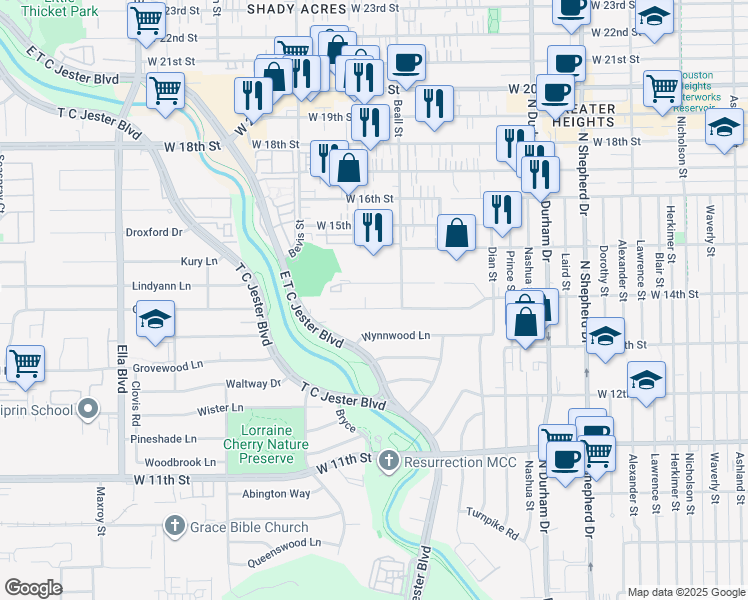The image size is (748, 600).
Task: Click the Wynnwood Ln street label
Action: (396, 336)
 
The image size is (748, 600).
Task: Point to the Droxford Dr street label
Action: (154, 232)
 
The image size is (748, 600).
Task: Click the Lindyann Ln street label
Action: (161, 286)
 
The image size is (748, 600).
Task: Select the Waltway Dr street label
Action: (254, 383)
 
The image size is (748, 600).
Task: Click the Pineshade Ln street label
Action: (163, 439)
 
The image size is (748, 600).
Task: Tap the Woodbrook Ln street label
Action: (180, 463)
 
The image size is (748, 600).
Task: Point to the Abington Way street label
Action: (276, 493)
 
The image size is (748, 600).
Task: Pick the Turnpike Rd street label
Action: (492, 523)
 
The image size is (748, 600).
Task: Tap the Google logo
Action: (32, 588)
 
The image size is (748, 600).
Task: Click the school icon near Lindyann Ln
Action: (155, 319)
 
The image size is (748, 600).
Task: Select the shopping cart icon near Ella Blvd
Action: (25, 364)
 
